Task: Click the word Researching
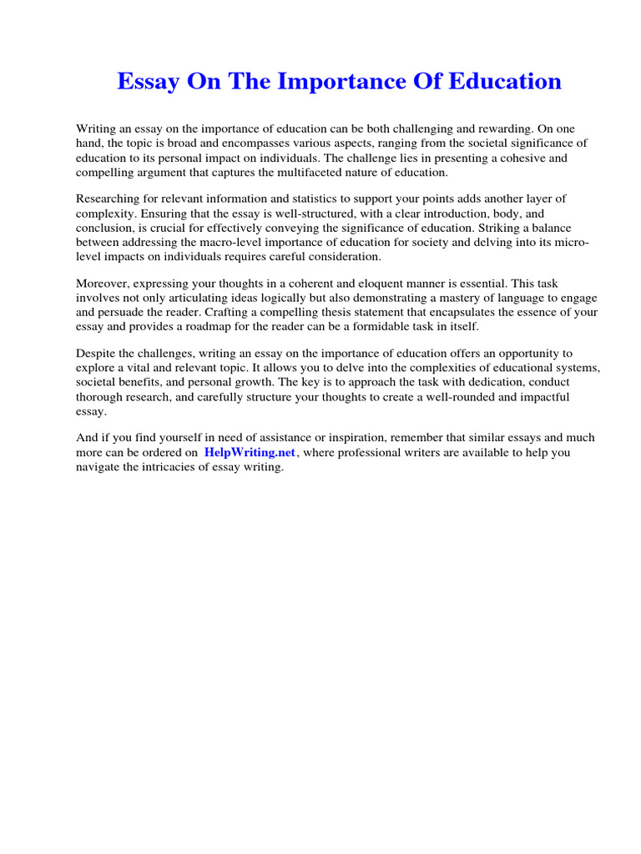point(108,198)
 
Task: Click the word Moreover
point(105,283)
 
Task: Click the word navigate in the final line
point(100,468)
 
